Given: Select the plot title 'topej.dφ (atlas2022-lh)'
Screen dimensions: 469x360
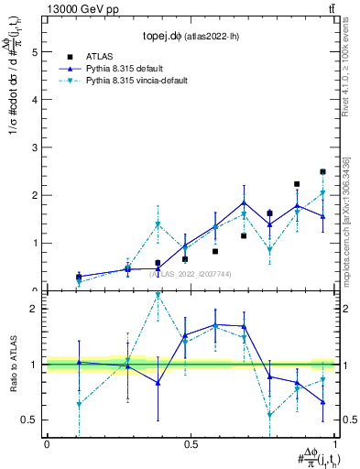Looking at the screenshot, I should pos(191,37).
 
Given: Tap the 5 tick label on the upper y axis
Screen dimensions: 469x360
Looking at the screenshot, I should pos(35,53).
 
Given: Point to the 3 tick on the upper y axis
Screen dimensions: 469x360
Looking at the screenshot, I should pos(35,148).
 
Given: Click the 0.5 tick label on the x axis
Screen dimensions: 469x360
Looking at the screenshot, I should pos(191,444).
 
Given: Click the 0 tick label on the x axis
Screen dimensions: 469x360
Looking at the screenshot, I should pos(47,444).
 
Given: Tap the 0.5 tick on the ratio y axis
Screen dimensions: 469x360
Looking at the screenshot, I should pos(30,420).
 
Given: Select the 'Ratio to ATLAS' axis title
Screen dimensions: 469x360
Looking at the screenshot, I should pos(12,365).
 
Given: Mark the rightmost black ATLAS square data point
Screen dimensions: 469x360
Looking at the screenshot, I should pos(322,171).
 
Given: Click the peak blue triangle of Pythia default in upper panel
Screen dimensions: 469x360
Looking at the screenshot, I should pos(245,202).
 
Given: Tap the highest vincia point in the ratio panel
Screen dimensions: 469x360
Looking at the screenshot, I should pos(158,295).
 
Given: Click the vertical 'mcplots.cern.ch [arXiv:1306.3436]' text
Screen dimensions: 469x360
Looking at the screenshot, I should pos(344,220).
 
